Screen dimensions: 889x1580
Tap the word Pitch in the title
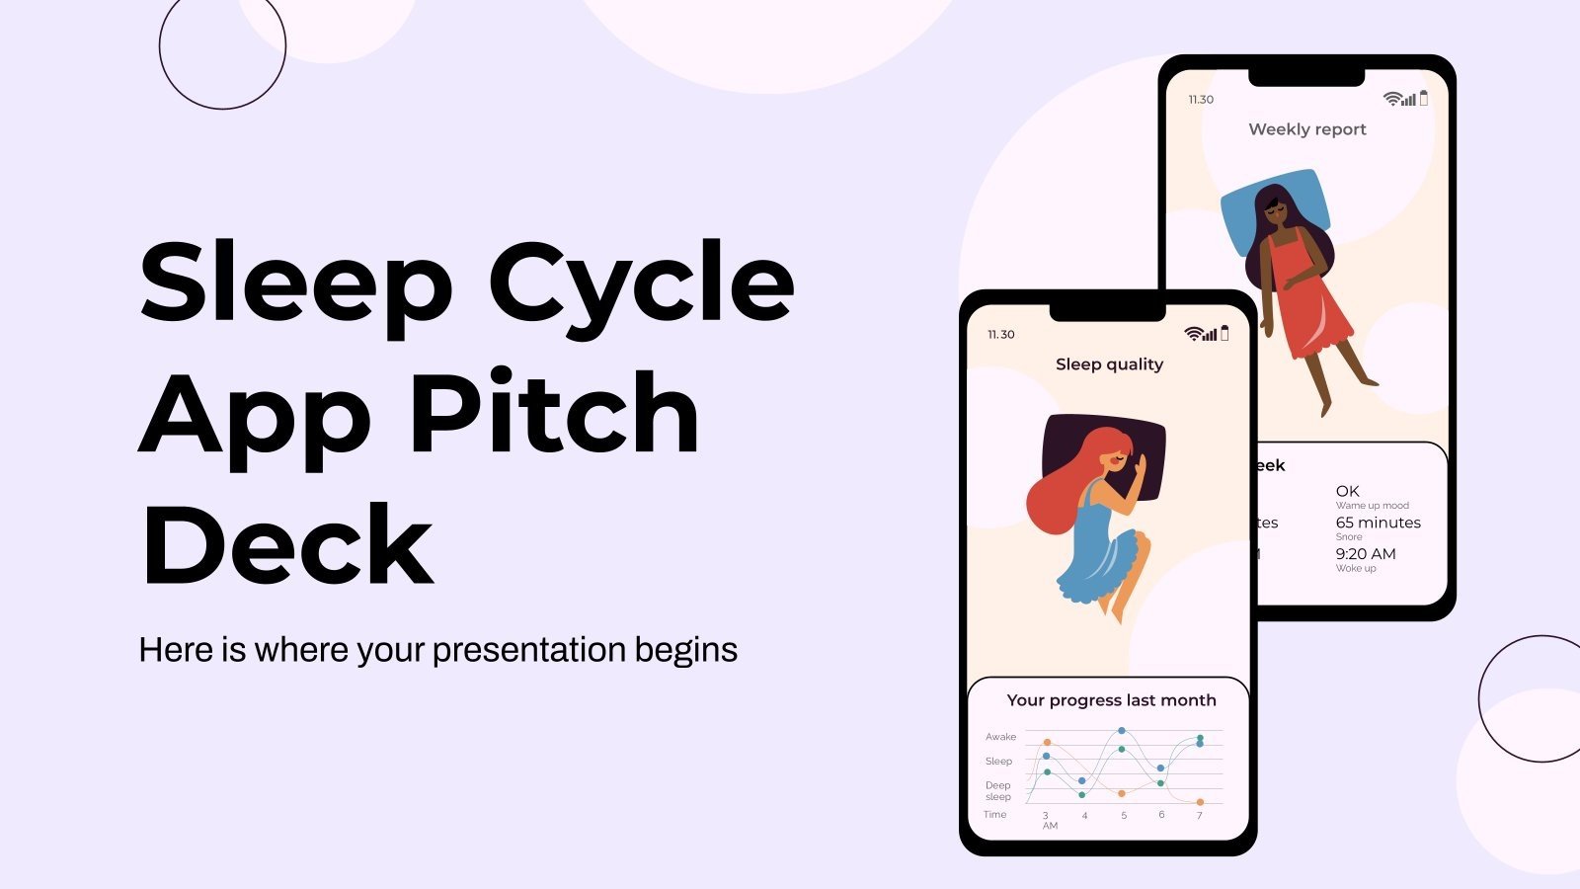click(x=554, y=415)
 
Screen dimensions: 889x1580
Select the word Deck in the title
click(x=287, y=545)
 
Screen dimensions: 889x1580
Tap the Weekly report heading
click(x=1306, y=129)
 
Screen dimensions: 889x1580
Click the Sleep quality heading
click(x=1109, y=364)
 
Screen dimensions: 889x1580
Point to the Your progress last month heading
click(x=1111, y=700)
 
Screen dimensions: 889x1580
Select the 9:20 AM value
click(x=1366, y=554)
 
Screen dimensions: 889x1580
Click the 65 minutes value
click(x=1378, y=523)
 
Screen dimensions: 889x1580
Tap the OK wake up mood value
click(x=1347, y=491)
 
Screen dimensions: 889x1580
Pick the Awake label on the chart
click(x=1000, y=737)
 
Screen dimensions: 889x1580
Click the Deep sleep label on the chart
click(x=997, y=791)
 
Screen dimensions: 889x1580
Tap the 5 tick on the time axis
click(x=1123, y=816)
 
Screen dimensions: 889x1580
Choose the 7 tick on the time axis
click(x=1199, y=816)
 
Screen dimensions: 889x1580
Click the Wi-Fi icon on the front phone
click(x=1192, y=334)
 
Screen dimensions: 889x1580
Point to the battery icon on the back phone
click(x=1423, y=98)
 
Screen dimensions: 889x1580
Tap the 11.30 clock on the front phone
click(x=1000, y=335)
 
